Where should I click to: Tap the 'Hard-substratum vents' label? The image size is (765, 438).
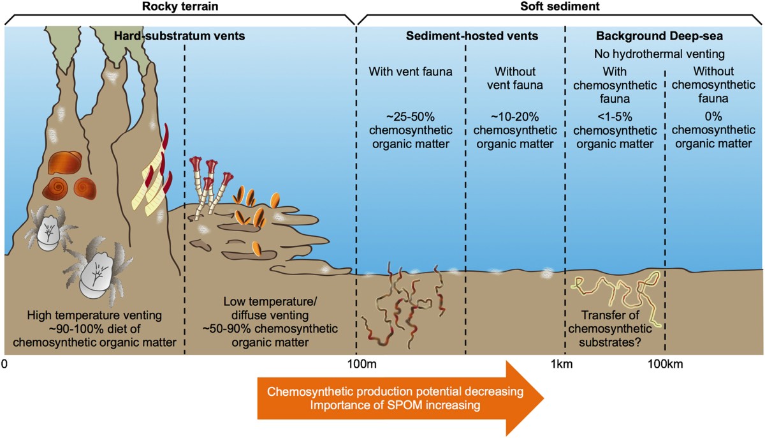pyautogui.click(x=180, y=36)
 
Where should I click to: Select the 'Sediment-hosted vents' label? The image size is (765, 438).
pyautogui.click(x=472, y=36)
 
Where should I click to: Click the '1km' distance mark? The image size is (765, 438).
pyautogui.click(x=561, y=365)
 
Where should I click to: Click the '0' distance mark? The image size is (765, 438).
pyautogui.click(x=4, y=365)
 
